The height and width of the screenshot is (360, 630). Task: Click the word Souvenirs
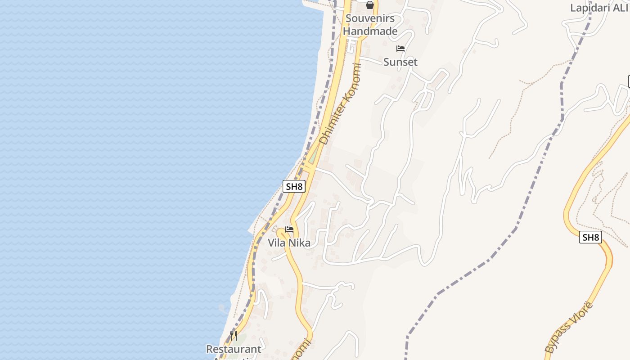(x=370, y=18)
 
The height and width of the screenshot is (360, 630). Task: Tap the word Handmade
(x=370, y=31)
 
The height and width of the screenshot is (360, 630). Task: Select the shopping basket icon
(x=369, y=5)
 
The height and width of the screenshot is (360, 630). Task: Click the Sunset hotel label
(x=400, y=62)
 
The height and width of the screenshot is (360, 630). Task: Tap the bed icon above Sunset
(x=400, y=49)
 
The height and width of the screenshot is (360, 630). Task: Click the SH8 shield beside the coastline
(x=294, y=186)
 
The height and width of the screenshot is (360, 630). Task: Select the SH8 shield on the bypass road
(x=590, y=238)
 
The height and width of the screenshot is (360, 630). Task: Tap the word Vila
(x=278, y=243)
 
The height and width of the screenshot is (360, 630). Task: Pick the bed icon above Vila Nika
(x=289, y=229)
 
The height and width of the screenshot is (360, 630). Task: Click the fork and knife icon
(x=233, y=336)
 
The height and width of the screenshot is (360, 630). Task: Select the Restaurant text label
(x=234, y=349)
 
